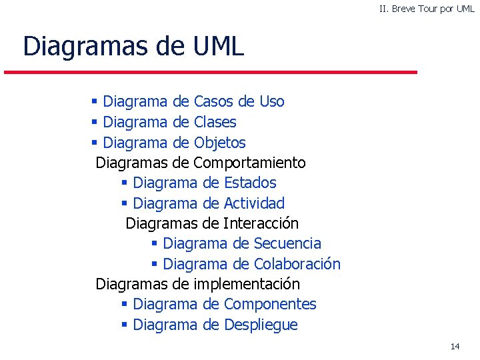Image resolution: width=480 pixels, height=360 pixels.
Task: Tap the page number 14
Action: pos(455,346)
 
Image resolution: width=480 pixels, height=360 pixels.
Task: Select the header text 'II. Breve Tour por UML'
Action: pos(427,9)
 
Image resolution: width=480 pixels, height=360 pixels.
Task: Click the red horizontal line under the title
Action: pos(211,72)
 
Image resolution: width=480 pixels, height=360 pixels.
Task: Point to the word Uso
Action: pos(271,102)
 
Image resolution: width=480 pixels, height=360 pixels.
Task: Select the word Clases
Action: pos(215,123)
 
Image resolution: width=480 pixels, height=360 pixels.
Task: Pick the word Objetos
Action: pos(219,143)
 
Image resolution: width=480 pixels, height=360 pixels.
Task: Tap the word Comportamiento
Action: pos(249,163)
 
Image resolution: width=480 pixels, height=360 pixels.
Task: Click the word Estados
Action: pos(250,183)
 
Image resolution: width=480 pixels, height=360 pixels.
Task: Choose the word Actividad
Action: pos(254,203)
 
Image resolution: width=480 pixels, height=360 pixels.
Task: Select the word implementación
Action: pos(247,285)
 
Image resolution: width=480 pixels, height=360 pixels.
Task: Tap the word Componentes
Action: pos(270,305)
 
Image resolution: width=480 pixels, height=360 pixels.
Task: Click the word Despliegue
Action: pos(261,325)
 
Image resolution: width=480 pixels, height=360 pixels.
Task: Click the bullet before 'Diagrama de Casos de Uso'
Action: pos(95,102)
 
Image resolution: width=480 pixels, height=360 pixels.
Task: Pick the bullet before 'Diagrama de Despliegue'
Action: pos(124,325)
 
